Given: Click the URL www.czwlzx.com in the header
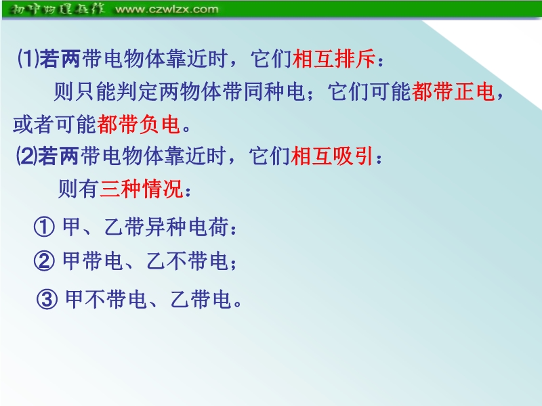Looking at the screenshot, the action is tap(167, 9).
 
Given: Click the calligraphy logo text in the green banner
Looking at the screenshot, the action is tap(57, 9).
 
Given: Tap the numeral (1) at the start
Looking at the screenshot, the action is tap(28, 58).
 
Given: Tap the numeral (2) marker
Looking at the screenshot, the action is tap(27, 156).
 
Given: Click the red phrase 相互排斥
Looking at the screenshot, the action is tap(334, 58).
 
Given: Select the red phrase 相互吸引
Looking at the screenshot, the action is tap(332, 156).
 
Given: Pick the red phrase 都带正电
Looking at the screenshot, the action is tap(453, 91).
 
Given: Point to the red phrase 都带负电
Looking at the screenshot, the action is tap(139, 125).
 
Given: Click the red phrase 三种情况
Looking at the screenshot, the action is tap(142, 189).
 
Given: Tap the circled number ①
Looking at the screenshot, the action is tap(44, 227).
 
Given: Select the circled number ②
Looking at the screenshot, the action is tap(44, 261).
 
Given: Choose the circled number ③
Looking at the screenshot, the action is tap(47, 299).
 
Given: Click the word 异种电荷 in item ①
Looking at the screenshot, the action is tap(187, 227).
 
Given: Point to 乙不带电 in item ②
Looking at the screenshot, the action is tap(187, 261).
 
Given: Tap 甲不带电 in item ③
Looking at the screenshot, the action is tap(106, 299).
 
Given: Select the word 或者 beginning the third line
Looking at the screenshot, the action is tap(33, 125).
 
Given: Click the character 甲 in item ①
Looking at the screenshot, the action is tap(72, 227).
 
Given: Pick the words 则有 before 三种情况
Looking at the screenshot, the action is tap(78, 189).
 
